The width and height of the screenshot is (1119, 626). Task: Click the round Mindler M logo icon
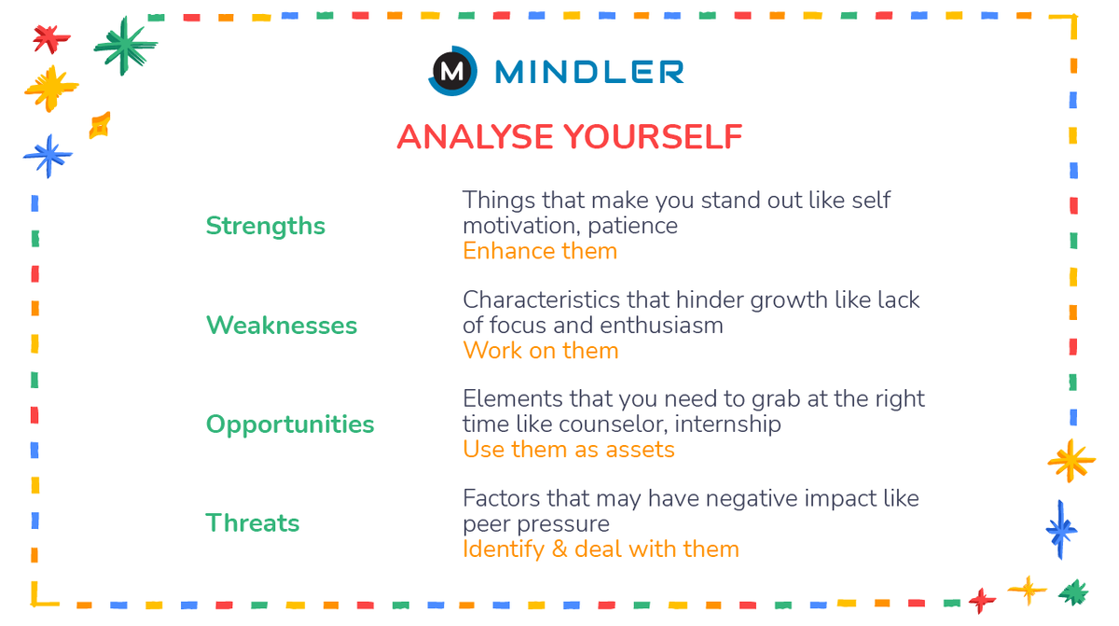point(452,71)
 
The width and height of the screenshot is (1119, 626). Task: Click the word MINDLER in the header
point(589,72)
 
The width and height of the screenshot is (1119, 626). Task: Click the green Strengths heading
point(265,226)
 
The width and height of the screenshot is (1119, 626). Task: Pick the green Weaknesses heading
point(281,325)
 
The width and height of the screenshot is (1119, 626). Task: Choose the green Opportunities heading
point(289,424)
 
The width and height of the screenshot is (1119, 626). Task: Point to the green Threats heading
point(252,522)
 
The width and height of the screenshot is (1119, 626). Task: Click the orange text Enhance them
point(539,251)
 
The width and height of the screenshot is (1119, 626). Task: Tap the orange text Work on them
point(540,351)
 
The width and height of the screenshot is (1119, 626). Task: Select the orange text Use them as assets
point(568,450)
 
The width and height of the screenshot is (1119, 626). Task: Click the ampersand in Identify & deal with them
point(559,549)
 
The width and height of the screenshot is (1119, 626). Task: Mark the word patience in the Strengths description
point(636,226)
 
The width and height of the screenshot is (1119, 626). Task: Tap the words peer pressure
point(535,523)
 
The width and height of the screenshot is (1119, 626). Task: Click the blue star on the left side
point(48,156)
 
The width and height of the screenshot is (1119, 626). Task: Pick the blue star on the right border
point(1060,529)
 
